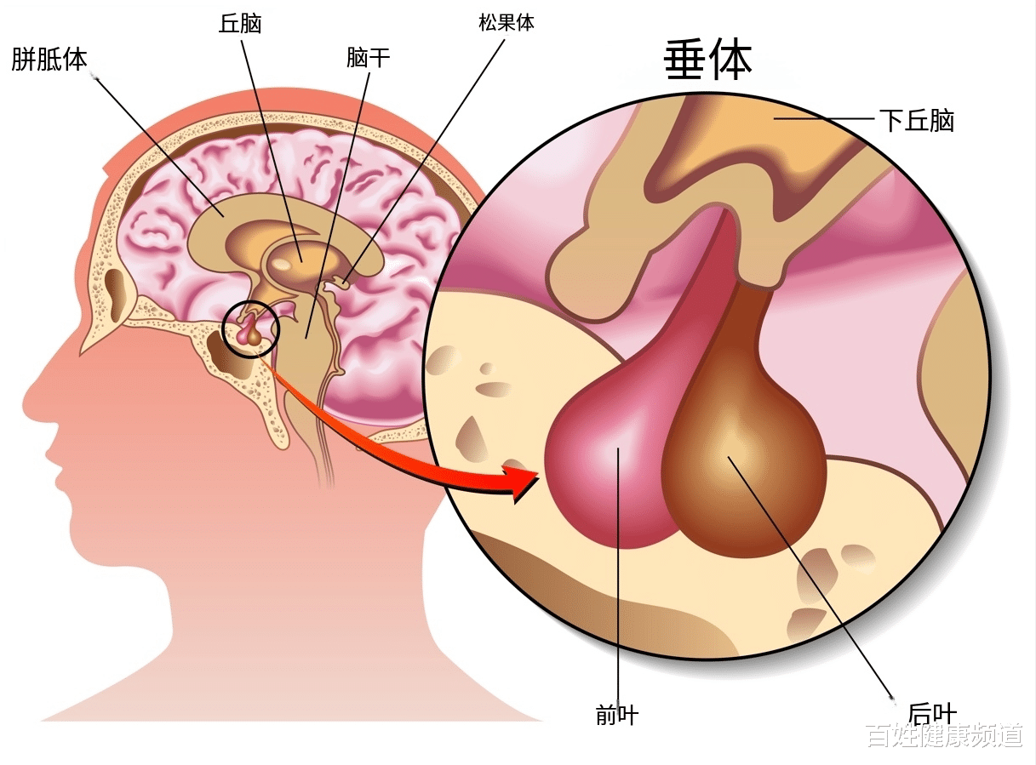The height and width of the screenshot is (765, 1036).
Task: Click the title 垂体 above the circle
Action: click(x=707, y=60)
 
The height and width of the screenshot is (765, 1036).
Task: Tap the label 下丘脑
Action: click(x=916, y=121)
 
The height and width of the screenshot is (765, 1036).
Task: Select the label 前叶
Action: click(x=617, y=716)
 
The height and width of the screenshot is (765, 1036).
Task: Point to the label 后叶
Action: click(x=932, y=713)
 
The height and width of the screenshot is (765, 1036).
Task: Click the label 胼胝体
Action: click(x=49, y=60)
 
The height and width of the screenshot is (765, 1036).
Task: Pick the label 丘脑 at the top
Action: click(x=240, y=23)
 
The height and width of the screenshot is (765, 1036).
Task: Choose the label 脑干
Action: click(x=368, y=58)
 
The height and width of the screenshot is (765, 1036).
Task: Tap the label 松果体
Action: click(x=507, y=23)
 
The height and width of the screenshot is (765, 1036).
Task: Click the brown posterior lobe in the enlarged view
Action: click(x=745, y=477)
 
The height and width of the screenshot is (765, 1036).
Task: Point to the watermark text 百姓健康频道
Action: click(x=944, y=735)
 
